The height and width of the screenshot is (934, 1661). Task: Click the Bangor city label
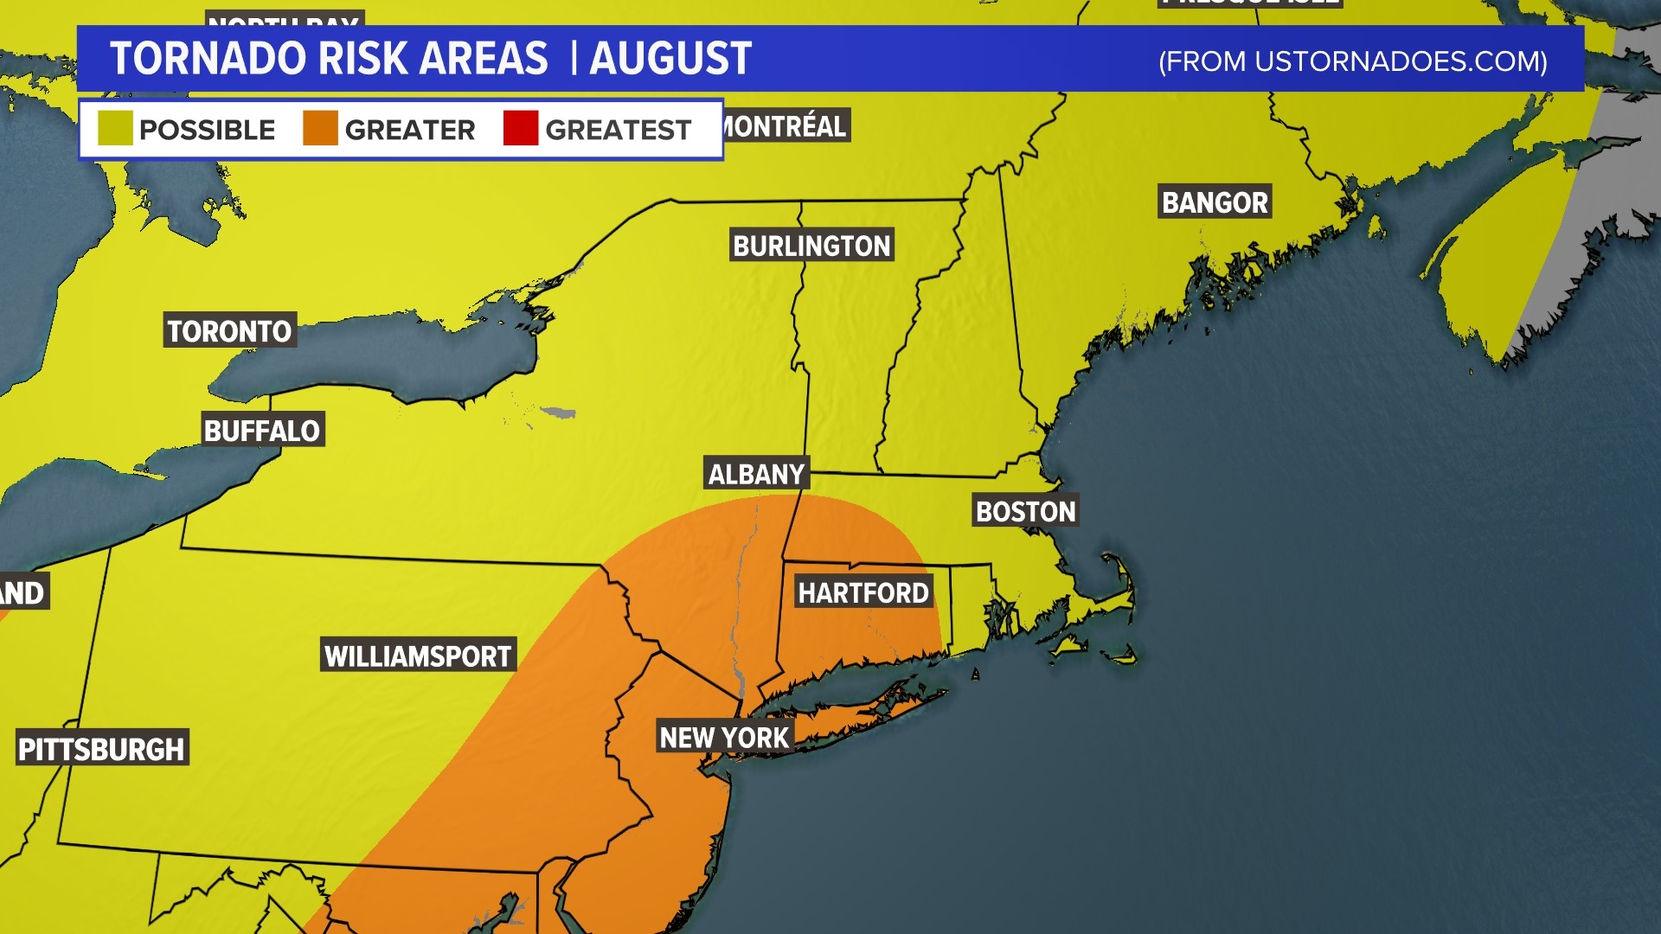point(1215,202)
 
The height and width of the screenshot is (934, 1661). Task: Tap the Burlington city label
point(811,246)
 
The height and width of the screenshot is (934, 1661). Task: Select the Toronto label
point(229,331)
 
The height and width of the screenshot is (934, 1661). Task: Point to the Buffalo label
point(262,430)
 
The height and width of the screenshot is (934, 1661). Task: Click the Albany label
point(756,474)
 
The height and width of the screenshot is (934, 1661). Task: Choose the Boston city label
point(1025,511)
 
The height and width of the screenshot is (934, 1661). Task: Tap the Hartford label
point(863,592)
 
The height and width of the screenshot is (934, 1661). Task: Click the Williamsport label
point(418,656)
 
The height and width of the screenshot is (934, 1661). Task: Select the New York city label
point(724,737)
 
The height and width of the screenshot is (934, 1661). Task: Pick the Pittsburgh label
point(101,748)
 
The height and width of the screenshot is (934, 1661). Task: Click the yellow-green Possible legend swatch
point(115,128)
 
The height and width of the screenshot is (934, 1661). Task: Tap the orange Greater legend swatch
point(320,128)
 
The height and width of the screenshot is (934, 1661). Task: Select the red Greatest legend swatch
point(521,128)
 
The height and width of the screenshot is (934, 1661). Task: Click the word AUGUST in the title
point(670,59)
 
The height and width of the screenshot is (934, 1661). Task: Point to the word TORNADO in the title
point(208,59)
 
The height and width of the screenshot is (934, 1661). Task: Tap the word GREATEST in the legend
point(618,130)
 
